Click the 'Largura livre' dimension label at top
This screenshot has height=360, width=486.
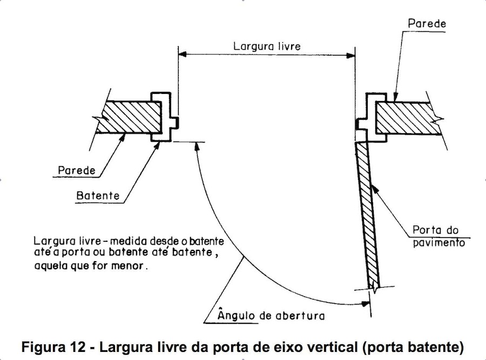click(x=267, y=46)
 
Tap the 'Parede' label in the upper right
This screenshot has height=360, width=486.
click(x=427, y=24)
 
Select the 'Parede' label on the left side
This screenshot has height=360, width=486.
click(x=76, y=171)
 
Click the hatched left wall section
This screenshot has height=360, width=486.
click(x=128, y=118)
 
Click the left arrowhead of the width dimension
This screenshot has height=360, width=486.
click(x=183, y=55)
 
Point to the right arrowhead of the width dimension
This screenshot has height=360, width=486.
click(x=351, y=55)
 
